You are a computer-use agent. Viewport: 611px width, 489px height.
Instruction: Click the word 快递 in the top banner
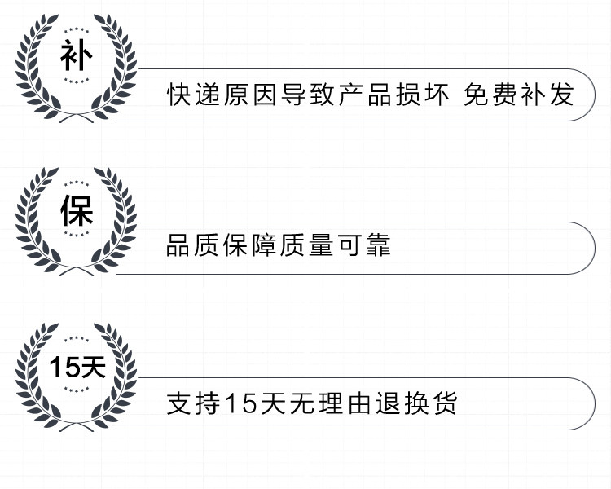[x=196, y=95]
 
